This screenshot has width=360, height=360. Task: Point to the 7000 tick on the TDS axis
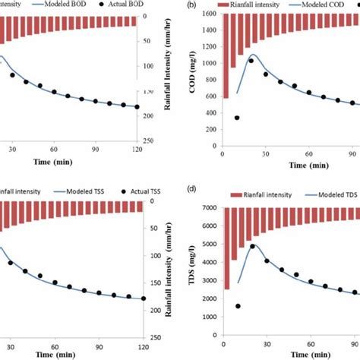tap(210, 207)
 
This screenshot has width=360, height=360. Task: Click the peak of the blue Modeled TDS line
tap(252, 245)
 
